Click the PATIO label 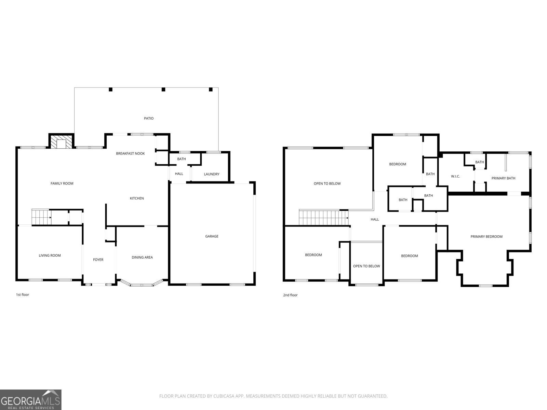click(148, 118)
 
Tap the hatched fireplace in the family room click(61, 142)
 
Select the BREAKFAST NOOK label click(130, 153)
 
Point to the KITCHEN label click(137, 198)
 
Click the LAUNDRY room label click(212, 174)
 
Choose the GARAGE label click(212, 236)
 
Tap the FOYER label click(98, 260)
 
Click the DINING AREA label click(142, 257)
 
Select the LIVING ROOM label click(50, 256)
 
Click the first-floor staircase click(41, 217)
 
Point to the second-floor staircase click(323, 218)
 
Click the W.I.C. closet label click(455, 176)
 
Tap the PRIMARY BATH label click(503, 178)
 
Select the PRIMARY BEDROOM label click(486, 236)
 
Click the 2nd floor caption click(290, 295)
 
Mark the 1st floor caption click(23, 295)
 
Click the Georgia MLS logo click(31, 400)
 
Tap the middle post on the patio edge click(163, 90)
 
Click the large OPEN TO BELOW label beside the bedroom click(327, 183)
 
